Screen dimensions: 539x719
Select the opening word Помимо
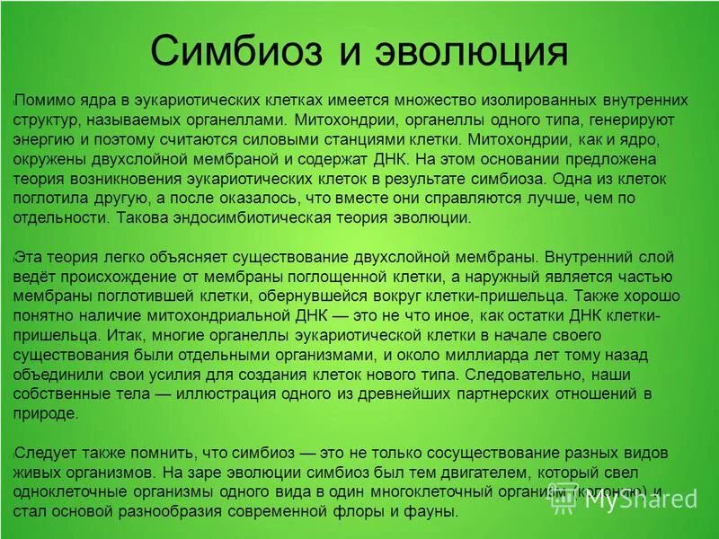pyautogui.click(x=45, y=100)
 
